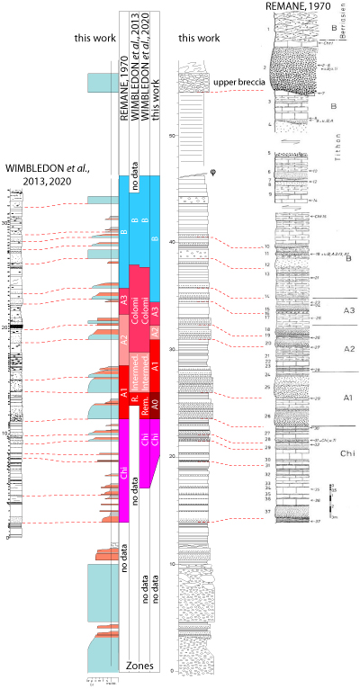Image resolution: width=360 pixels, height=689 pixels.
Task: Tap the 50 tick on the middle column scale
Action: pyautogui.click(x=173, y=133)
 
